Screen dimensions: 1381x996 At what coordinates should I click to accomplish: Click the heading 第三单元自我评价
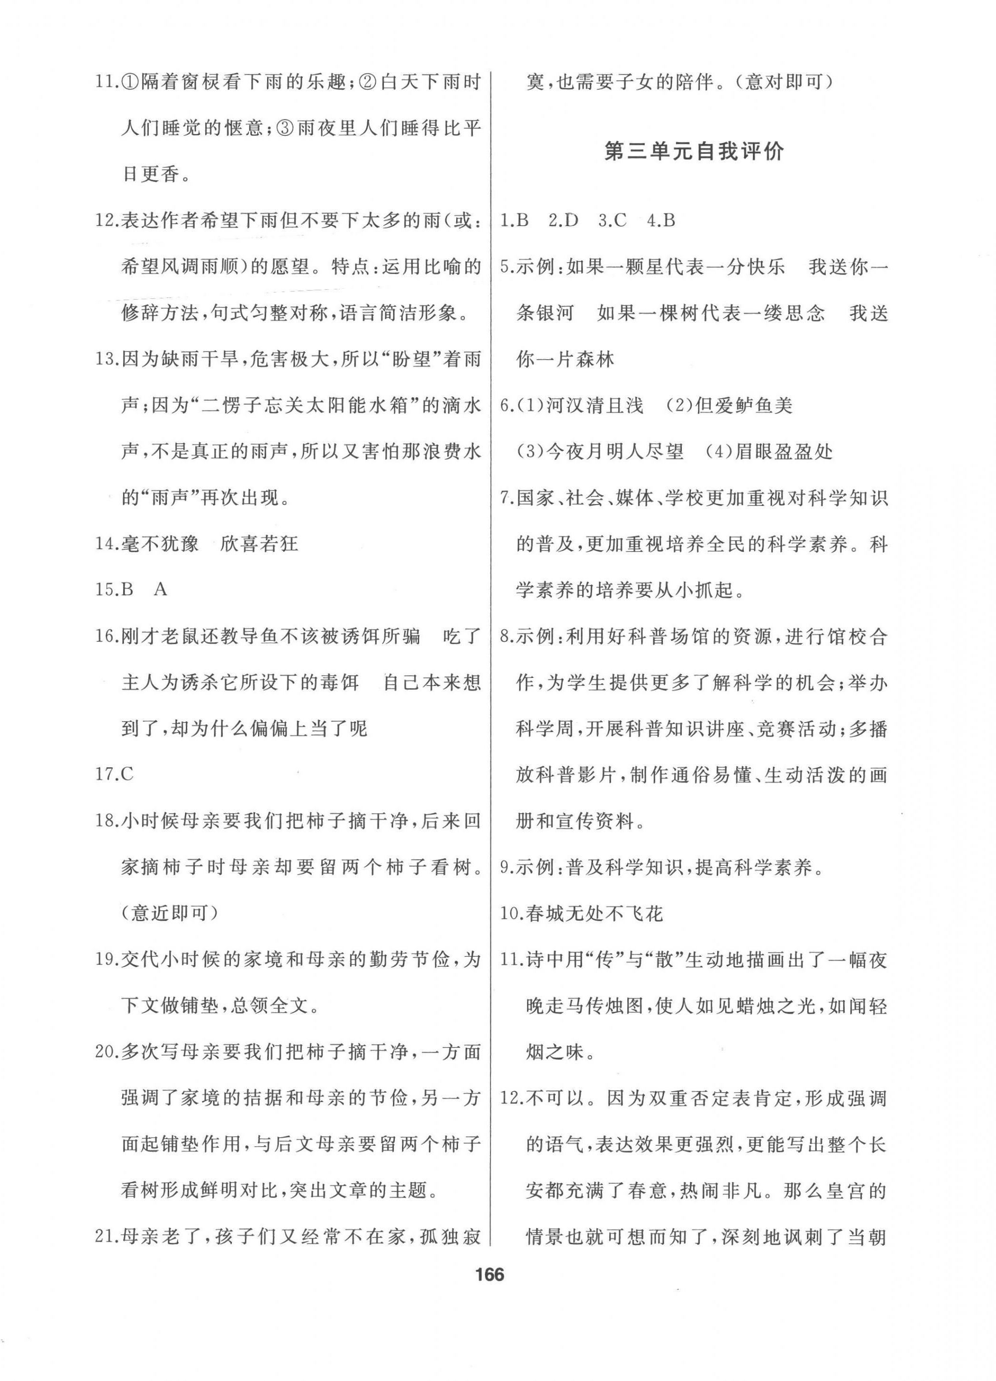coord(694,152)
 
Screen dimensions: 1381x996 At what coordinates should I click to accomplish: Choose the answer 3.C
coord(612,220)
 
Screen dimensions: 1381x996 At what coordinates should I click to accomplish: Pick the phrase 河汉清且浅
coord(603,406)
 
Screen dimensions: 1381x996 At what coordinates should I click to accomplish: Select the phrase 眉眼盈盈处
coord(784,452)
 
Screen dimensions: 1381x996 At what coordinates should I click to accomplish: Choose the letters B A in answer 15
coord(144,590)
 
